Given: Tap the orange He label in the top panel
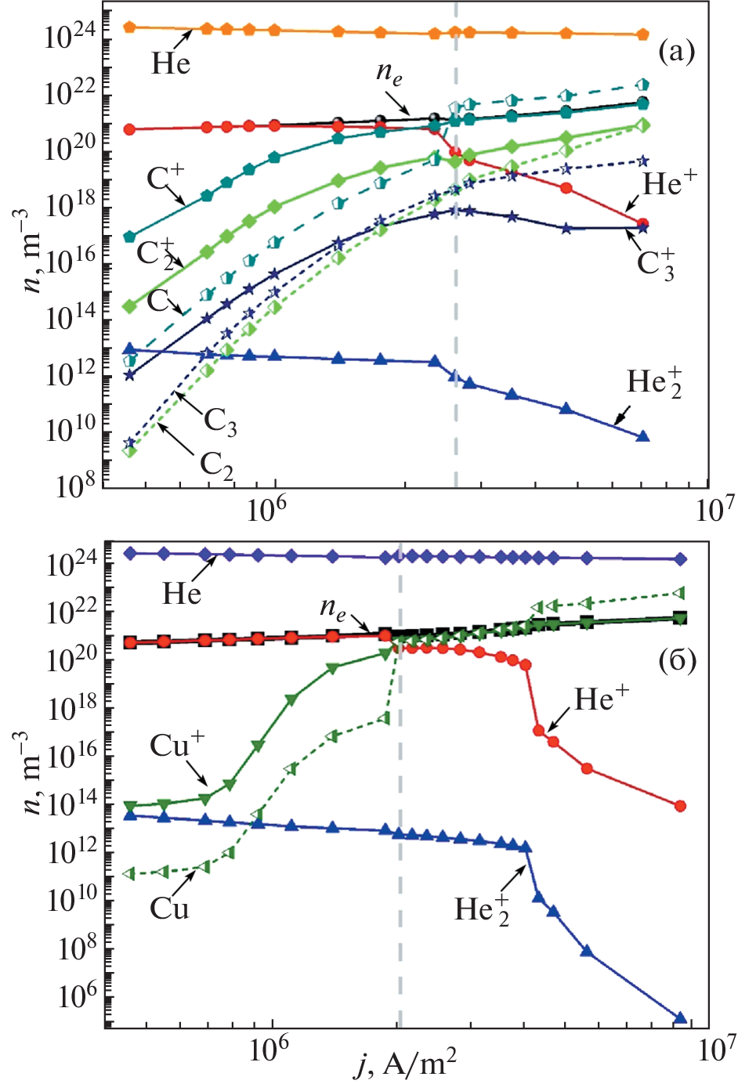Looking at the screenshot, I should click(x=171, y=63).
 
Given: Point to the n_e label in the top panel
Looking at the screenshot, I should click(x=389, y=73).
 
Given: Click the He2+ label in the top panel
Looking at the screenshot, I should click(x=654, y=383).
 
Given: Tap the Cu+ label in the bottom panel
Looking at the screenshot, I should click(x=177, y=746).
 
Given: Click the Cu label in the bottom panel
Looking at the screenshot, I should click(x=169, y=909).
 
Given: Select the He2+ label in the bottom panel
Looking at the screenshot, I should click(x=482, y=910).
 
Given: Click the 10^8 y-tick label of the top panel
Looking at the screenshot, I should click(x=75, y=487).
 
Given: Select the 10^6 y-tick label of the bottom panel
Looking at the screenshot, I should click(x=75, y=998).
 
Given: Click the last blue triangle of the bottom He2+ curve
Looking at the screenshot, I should click(x=680, y=1018).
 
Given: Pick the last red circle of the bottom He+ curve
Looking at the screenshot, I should click(x=680, y=806).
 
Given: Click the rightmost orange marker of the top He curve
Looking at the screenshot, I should click(x=642, y=34).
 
